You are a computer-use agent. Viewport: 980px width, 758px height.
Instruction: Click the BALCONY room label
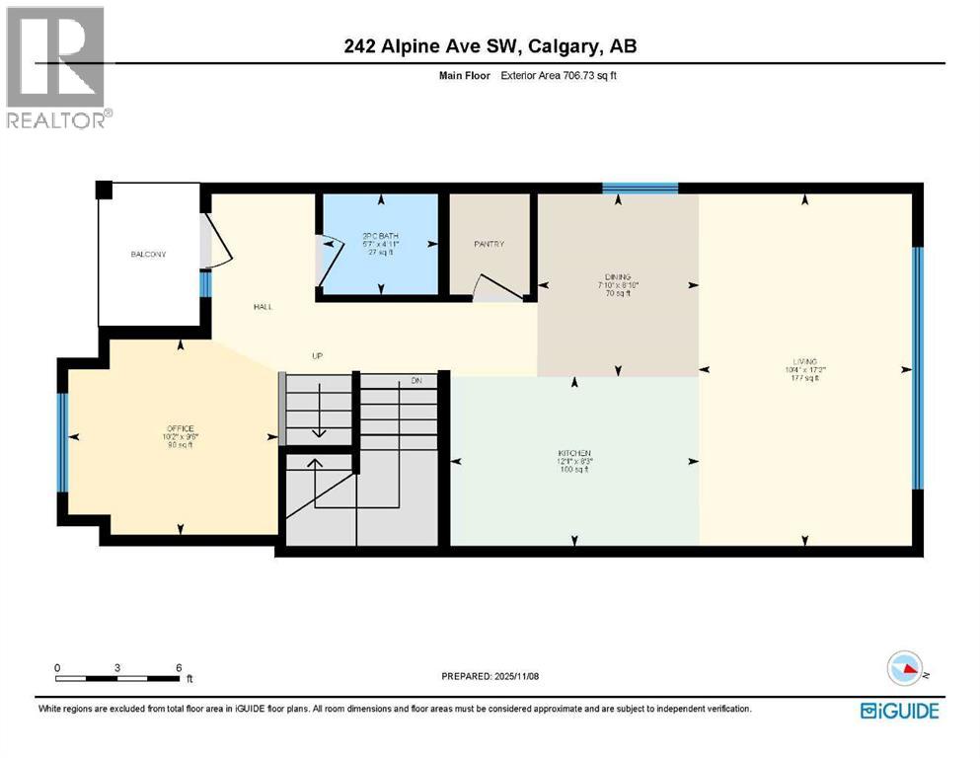tap(149, 255)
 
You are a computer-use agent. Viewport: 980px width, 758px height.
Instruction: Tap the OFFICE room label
tap(180, 428)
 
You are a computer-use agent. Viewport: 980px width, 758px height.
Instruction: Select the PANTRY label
tap(489, 244)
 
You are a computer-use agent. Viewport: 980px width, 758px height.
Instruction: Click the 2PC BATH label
tap(379, 235)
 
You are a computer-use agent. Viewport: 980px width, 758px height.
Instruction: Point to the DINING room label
tap(618, 277)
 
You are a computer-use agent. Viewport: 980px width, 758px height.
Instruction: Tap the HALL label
tap(263, 307)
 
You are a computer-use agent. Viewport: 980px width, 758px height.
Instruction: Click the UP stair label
tap(318, 356)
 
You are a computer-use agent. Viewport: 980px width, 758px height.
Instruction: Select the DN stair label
tap(416, 381)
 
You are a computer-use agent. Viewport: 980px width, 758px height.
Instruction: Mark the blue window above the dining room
tap(640, 188)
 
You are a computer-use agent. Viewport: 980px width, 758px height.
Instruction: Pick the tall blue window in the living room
tap(917, 367)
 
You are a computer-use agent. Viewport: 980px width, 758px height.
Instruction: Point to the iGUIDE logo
tap(899, 710)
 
